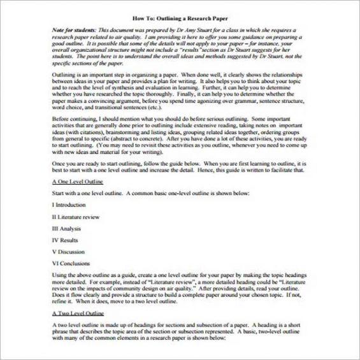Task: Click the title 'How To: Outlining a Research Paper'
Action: point(180,20)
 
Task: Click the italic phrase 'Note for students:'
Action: point(74,31)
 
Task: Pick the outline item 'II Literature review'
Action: point(75,217)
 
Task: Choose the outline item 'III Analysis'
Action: point(66,228)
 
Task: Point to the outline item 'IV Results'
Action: point(65,240)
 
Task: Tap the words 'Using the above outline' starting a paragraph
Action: point(80,275)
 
